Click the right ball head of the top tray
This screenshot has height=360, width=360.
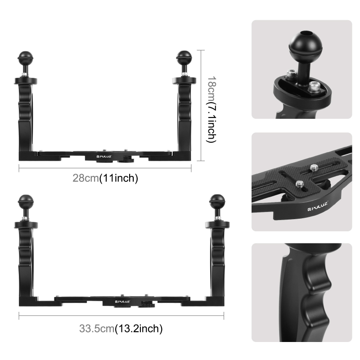pyautogui.click(x=183, y=57)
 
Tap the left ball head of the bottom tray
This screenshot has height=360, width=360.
pyautogui.click(x=25, y=200)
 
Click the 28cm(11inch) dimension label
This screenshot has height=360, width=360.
pyautogui.click(x=105, y=178)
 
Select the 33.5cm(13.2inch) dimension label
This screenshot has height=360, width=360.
pyautogui.click(x=121, y=328)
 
